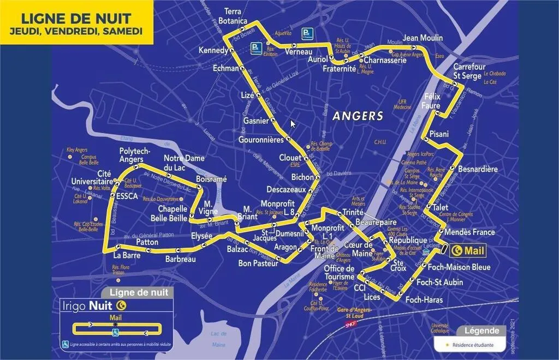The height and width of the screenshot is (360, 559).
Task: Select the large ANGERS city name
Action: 358,116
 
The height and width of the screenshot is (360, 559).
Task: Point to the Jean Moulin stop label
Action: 423,38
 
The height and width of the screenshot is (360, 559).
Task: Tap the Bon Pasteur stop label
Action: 258,263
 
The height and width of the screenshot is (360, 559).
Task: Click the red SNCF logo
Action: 349,324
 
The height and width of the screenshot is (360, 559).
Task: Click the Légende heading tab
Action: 481,331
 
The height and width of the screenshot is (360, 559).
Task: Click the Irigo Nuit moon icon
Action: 122,305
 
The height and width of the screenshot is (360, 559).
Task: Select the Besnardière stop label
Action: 478,169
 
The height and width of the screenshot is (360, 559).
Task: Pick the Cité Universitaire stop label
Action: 91,178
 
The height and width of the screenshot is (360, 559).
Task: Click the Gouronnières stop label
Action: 261,140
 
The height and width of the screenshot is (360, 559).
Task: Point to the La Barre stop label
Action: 127,255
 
